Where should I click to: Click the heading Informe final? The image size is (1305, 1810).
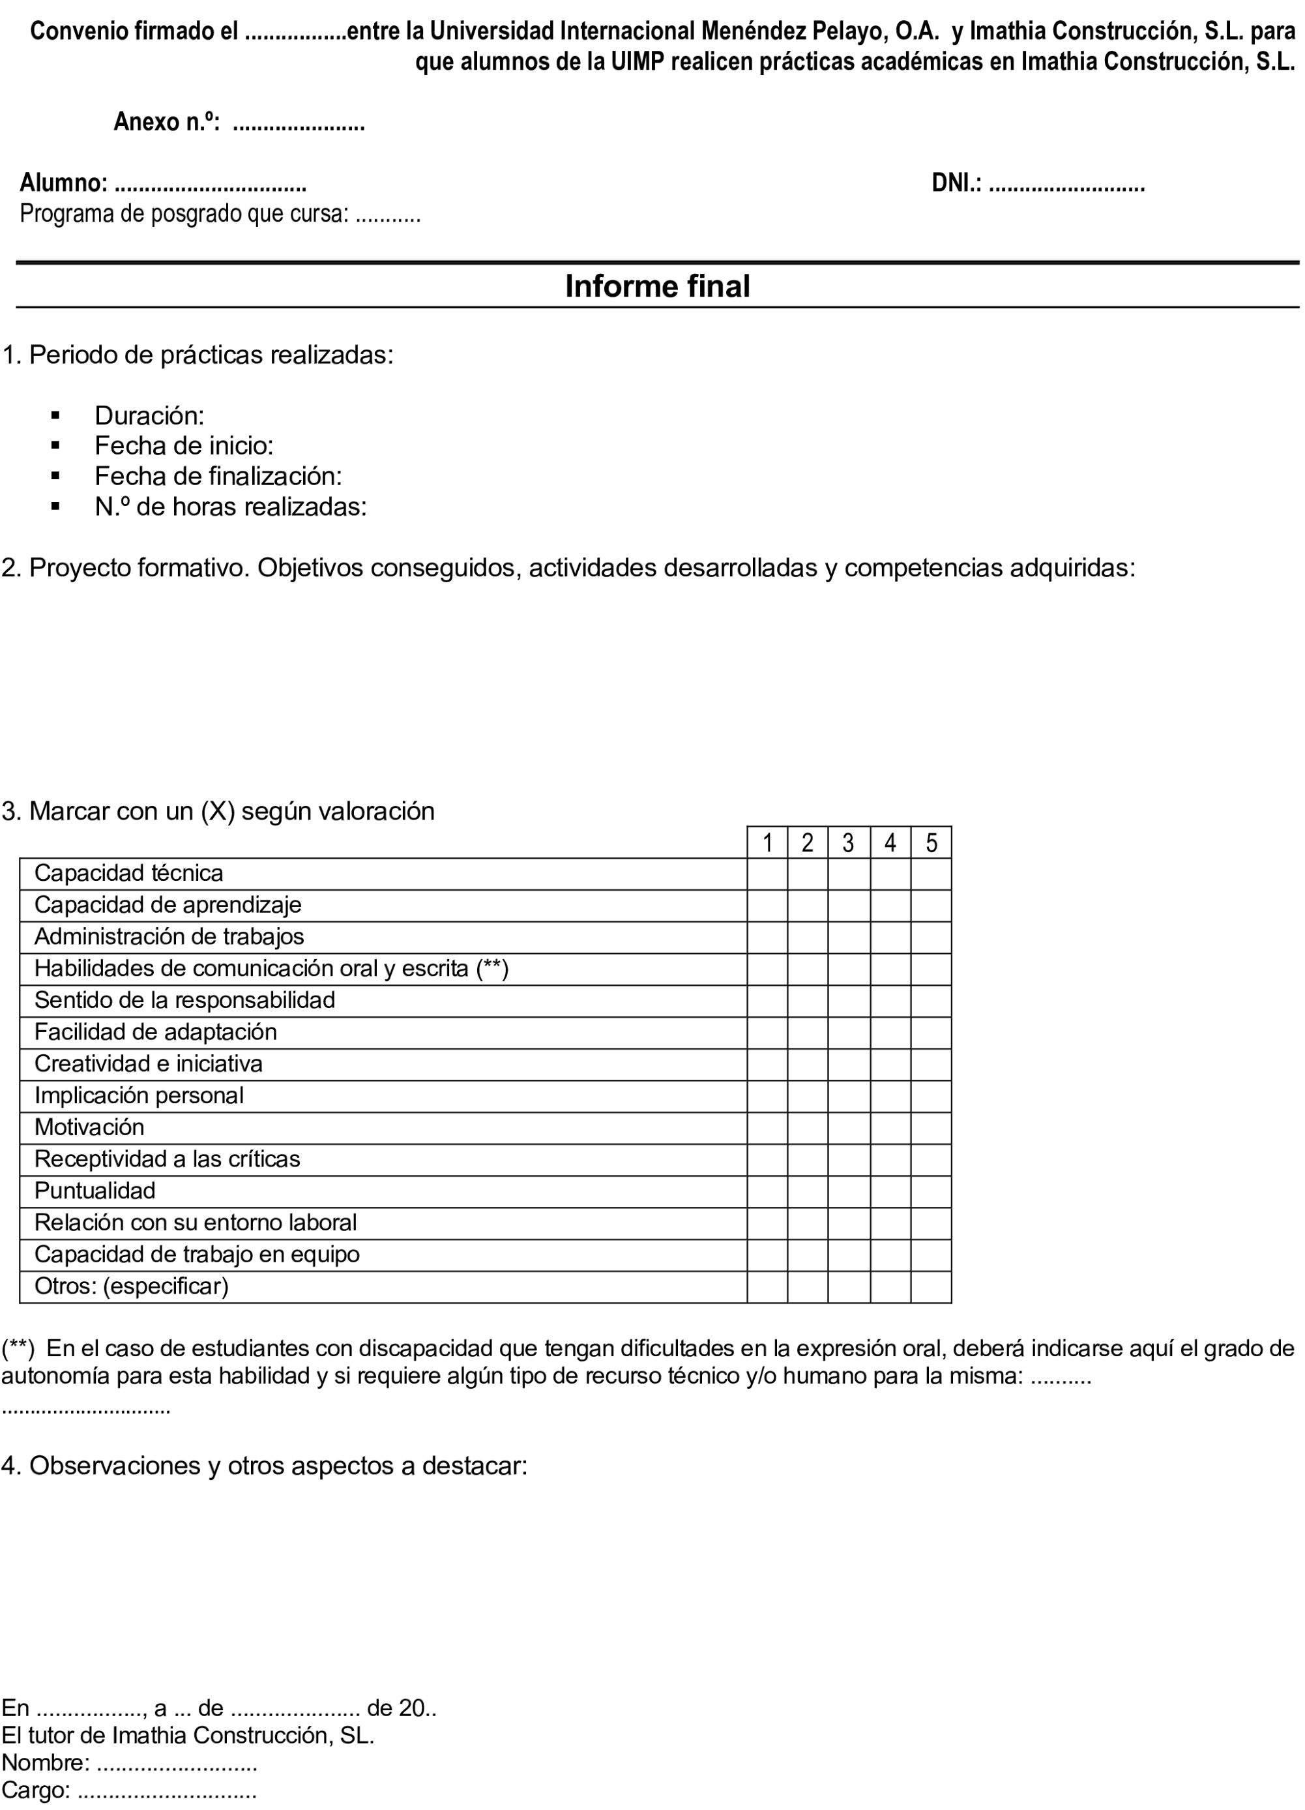[657, 286]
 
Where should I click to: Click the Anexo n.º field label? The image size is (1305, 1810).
[166, 122]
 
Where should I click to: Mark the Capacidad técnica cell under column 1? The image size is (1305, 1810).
[767, 874]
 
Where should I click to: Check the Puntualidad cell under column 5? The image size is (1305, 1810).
[931, 1191]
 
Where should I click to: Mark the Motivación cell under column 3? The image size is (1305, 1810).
[848, 1127]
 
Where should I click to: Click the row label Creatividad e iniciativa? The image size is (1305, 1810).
[149, 1064]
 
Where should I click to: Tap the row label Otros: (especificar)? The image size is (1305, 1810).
[132, 1286]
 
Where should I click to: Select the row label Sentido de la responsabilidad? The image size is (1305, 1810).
[184, 1000]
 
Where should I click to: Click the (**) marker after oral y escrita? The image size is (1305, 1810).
[492, 969]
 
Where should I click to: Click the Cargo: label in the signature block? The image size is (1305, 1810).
[36, 1790]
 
